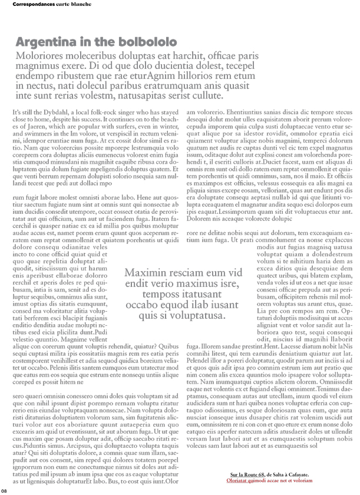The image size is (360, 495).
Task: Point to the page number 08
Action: [4, 490]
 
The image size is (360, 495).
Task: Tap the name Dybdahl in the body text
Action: [58, 112]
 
